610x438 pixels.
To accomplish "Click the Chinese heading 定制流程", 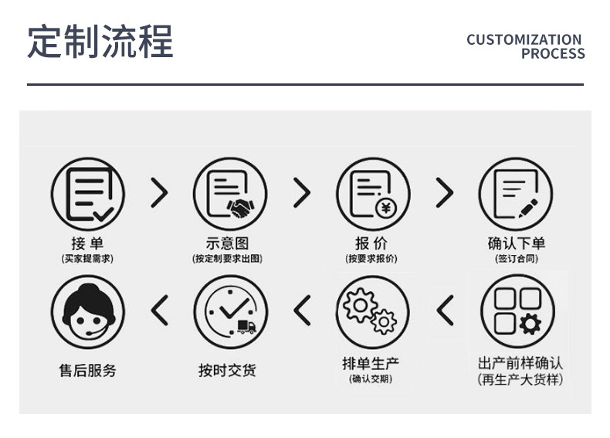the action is tap(100, 42).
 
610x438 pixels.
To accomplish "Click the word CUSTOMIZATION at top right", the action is tap(524, 39).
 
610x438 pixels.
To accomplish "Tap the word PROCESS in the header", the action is tap(552, 54).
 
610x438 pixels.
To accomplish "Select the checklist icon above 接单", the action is tap(87, 193).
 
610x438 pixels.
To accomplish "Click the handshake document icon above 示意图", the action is tap(230, 193).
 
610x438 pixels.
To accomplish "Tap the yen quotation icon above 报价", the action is tap(373, 193).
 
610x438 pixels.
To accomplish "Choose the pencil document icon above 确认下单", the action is tap(516, 193).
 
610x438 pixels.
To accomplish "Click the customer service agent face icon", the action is tap(87, 311).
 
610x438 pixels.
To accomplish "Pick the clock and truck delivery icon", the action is tap(230, 311).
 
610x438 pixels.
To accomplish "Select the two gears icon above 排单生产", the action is tap(373, 311).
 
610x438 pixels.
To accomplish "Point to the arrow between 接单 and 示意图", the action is tap(158, 193).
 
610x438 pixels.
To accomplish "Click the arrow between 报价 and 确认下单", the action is tap(444, 193).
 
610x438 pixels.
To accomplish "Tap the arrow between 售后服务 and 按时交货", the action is tap(159, 311).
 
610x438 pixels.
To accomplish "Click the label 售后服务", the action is tap(87, 371).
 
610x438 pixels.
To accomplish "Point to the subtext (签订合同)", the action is tap(516, 259).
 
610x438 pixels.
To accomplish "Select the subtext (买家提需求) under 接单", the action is tap(87, 259).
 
